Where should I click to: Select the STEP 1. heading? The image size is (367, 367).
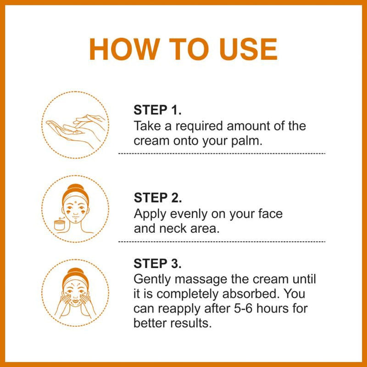(x=158, y=111)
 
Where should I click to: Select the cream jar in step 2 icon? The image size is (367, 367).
(x=59, y=225)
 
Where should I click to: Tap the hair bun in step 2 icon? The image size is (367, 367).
(x=76, y=189)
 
